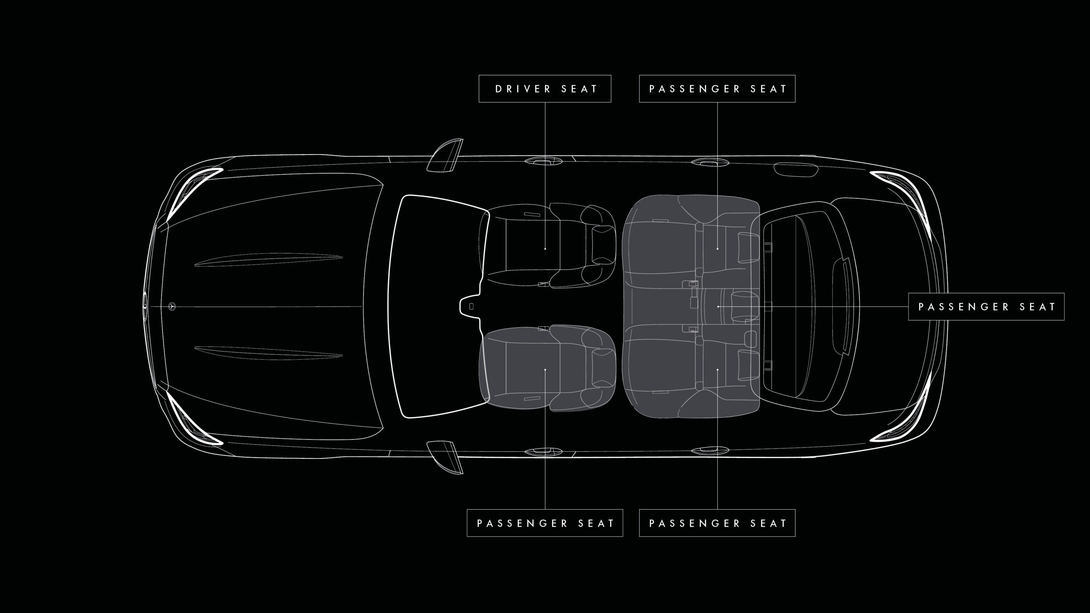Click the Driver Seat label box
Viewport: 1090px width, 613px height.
point(545,89)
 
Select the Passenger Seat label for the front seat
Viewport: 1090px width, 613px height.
point(545,523)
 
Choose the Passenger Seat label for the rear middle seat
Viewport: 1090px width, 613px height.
point(986,306)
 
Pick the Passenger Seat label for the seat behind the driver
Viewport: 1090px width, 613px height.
point(717,89)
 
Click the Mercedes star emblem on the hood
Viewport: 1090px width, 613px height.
point(172,306)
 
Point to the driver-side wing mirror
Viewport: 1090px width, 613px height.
point(445,155)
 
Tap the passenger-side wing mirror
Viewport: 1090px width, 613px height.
point(445,457)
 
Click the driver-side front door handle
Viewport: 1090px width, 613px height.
point(543,161)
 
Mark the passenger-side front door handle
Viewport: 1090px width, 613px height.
point(543,451)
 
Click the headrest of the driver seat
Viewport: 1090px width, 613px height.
point(603,245)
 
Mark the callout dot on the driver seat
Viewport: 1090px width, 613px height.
point(545,249)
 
